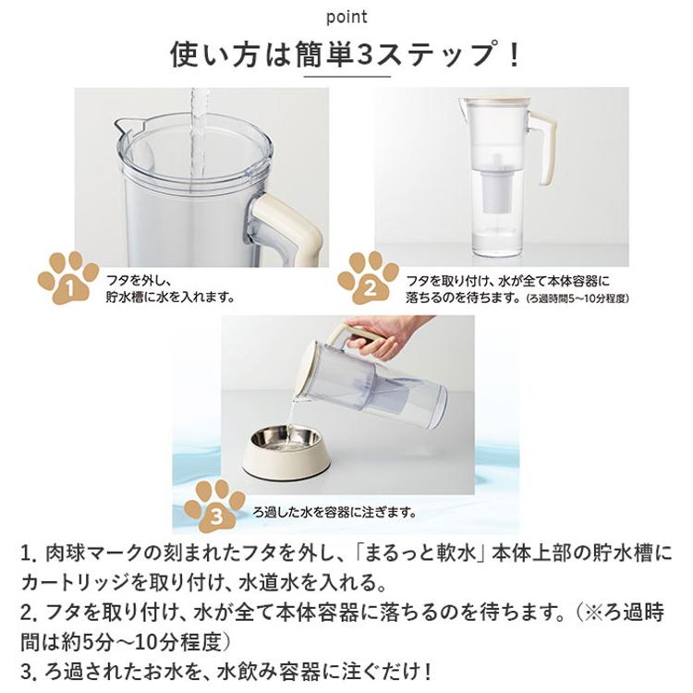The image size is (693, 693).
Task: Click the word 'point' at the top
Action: tap(346, 18)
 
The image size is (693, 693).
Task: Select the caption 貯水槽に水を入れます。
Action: tap(171, 298)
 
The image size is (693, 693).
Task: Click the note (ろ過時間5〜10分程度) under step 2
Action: tap(578, 298)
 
